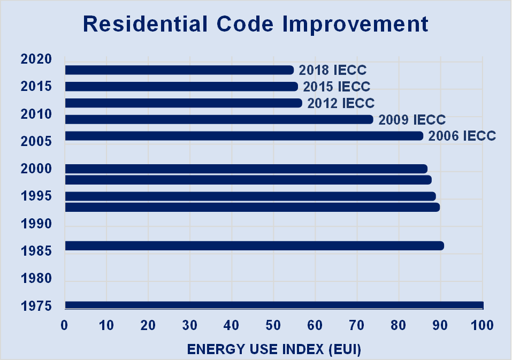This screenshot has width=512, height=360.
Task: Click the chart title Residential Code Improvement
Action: [x=256, y=24]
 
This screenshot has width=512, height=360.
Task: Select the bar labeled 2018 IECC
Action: [x=179, y=70]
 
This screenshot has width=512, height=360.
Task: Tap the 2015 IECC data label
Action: [x=337, y=87]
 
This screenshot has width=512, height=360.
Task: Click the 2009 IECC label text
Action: [x=412, y=120]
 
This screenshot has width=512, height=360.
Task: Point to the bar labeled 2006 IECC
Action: [x=243, y=136]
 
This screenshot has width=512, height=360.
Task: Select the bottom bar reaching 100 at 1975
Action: [x=273, y=305]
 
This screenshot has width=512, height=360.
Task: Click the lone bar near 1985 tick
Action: [x=254, y=246]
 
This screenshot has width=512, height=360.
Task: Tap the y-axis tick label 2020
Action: [x=36, y=59]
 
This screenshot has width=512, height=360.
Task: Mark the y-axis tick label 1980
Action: [x=36, y=279]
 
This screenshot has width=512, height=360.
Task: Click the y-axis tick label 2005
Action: [x=36, y=141]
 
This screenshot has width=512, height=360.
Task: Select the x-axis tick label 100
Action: [x=482, y=325]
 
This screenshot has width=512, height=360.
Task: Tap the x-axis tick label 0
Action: [x=64, y=325]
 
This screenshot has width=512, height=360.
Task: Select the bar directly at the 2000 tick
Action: [x=246, y=169]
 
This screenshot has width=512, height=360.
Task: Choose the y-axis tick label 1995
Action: [x=36, y=196]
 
